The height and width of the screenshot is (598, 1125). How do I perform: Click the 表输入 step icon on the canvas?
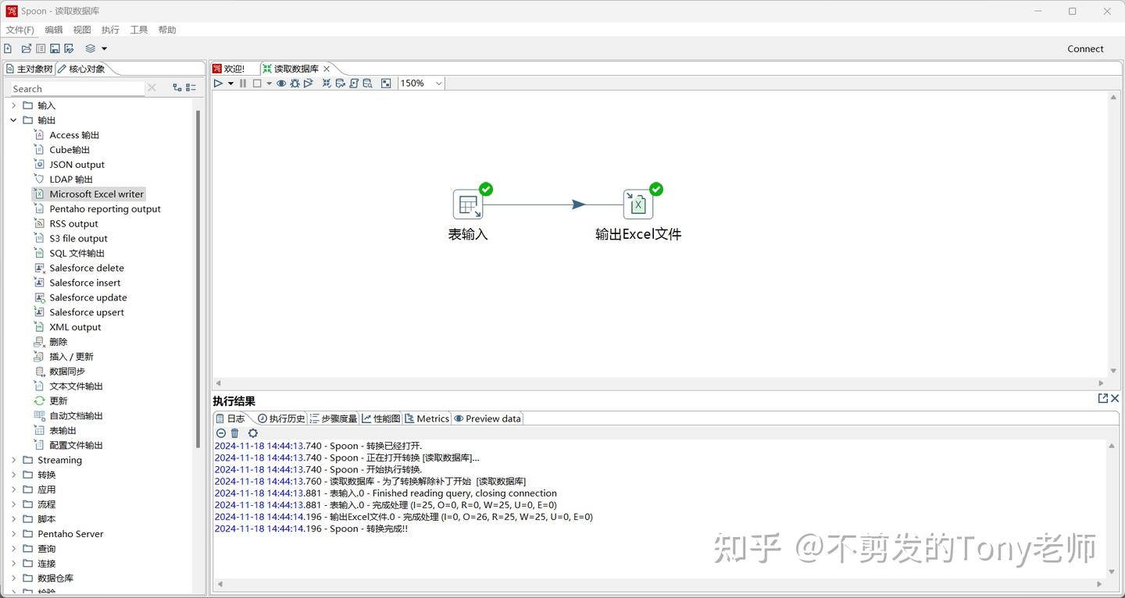point(467,205)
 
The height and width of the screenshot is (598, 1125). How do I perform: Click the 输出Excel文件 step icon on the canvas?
point(637,205)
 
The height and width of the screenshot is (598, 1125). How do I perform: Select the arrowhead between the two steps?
point(579,205)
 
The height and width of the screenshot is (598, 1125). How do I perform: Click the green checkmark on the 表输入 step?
point(486,189)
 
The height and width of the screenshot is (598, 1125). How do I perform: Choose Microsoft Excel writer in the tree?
point(96,194)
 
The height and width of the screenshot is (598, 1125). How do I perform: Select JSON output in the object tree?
point(77,165)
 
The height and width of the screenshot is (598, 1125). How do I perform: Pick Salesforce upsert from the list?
point(87,312)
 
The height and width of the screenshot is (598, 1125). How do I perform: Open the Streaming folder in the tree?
point(59,460)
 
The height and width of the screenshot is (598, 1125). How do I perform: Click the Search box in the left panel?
point(77,89)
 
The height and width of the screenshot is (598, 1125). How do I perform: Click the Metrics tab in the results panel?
point(427,418)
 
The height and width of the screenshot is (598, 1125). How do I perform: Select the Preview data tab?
point(487,418)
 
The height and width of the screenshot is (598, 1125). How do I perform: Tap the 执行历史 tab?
point(281,418)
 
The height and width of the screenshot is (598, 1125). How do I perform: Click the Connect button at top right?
point(1085,48)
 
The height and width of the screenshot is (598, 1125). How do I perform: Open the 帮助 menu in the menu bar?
point(167,30)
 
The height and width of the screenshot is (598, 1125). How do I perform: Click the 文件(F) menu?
point(20,30)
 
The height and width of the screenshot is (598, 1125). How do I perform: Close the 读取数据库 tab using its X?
point(327,69)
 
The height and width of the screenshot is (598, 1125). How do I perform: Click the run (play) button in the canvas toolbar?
point(218,84)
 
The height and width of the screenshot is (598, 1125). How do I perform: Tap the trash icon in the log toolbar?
point(234,433)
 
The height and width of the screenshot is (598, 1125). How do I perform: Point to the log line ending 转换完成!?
point(311,529)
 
